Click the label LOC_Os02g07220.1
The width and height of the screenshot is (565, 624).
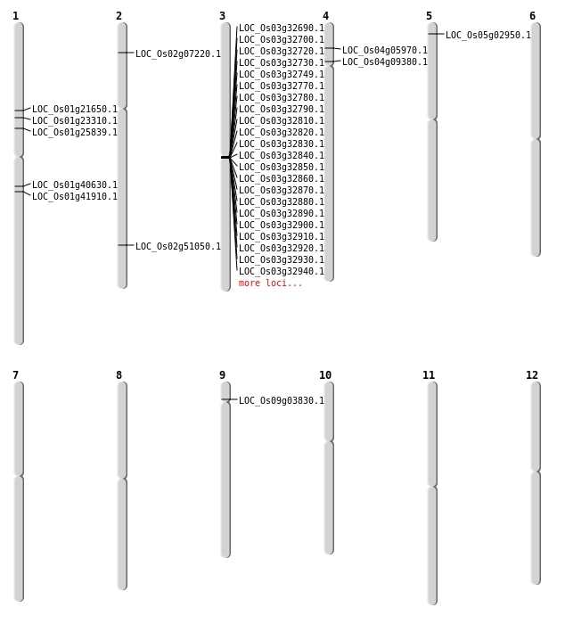tap(178, 53)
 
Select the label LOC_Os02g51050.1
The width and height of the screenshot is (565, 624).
tap(178, 246)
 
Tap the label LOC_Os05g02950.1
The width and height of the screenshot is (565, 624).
tap(488, 35)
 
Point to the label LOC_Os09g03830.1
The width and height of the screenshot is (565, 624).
tap(282, 400)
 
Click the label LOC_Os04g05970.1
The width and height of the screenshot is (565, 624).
tap(385, 50)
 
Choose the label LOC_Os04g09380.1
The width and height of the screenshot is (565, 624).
tap(385, 62)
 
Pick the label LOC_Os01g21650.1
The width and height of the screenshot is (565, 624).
tap(75, 109)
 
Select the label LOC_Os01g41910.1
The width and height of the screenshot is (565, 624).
tap(75, 196)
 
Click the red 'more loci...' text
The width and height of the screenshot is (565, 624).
tap(271, 283)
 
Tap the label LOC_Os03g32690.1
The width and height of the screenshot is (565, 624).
tap(282, 28)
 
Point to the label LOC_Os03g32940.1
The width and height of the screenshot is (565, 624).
tap(282, 271)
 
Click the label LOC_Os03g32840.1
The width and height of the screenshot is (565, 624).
tap(282, 155)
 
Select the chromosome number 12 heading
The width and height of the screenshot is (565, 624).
tap(532, 375)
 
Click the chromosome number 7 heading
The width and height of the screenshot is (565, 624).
tap(15, 375)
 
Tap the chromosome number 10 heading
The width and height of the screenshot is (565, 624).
tap(325, 375)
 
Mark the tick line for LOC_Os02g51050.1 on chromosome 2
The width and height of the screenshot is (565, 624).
tap(126, 245)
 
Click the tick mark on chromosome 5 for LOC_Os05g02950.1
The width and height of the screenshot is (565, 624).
tap(436, 34)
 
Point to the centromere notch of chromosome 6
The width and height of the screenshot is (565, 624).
tap(536, 138)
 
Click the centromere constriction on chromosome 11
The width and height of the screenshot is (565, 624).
tap(432, 487)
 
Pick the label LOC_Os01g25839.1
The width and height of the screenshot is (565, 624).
tap(75, 132)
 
